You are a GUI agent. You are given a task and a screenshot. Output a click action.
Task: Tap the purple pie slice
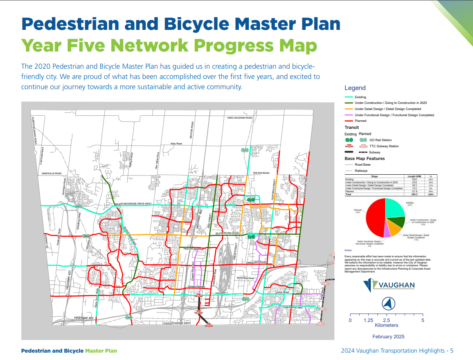tap(387, 232)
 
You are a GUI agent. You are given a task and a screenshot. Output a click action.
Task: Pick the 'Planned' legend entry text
tap(360, 121)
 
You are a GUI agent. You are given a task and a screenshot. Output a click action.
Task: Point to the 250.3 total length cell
tap(415, 194)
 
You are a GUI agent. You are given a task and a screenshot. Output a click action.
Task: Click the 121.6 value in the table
tap(415, 191)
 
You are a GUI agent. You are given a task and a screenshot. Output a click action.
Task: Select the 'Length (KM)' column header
tap(414, 176)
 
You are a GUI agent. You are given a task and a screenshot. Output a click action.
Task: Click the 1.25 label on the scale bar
tap(368, 320)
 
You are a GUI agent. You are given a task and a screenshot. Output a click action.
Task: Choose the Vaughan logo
tap(389, 286)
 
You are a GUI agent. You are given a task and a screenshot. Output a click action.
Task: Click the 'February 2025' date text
tap(388, 337)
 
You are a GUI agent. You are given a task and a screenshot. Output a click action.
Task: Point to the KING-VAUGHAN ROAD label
tap(240, 118)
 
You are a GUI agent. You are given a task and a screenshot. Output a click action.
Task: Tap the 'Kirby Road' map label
tap(176, 144)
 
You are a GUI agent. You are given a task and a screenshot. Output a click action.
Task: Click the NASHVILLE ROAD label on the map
tap(51, 173)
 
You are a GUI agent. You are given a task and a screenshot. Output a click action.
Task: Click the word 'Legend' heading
tap(355, 88)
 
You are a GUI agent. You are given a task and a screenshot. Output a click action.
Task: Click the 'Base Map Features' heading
tap(365, 158)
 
